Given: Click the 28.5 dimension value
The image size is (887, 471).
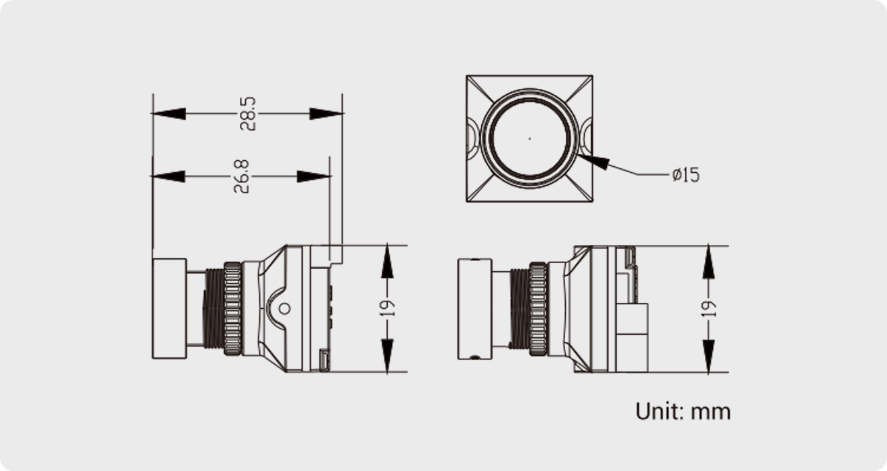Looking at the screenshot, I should click(x=247, y=114).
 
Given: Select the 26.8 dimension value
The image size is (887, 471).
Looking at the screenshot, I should click(x=241, y=176).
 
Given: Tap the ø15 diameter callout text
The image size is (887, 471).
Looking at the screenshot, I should click(x=685, y=175).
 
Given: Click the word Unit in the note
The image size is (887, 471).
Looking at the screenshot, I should click(x=657, y=410).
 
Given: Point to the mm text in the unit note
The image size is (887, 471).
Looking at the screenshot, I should click(x=710, y=411).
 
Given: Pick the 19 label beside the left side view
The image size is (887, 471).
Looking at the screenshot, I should click(x=387, y=308).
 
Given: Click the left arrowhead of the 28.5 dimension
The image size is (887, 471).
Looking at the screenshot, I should click(x=169, y=114).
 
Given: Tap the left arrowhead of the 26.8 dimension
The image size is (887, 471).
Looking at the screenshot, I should click(x=168, y=176).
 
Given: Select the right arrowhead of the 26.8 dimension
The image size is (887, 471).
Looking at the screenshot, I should click(x=314, y=176).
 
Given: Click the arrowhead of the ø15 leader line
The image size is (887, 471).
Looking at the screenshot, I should click(x=594, y=161).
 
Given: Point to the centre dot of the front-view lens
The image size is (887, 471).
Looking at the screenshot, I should click(x=530, y=139).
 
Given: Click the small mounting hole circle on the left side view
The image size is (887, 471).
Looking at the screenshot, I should click(x=284, y=308).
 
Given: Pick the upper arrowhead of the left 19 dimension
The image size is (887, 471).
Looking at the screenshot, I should click(x=387, y=262).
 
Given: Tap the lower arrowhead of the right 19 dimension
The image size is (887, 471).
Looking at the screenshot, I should click(x=708, y=356).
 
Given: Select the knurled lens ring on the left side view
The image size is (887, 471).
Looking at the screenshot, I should click(x=233, y=308).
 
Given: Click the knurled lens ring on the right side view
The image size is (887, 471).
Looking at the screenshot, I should click(x=538, y=308).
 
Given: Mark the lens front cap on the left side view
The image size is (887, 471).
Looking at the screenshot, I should click(x=169, y=308).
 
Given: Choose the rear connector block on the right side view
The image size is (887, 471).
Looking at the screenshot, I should click(x=632, y=336).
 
